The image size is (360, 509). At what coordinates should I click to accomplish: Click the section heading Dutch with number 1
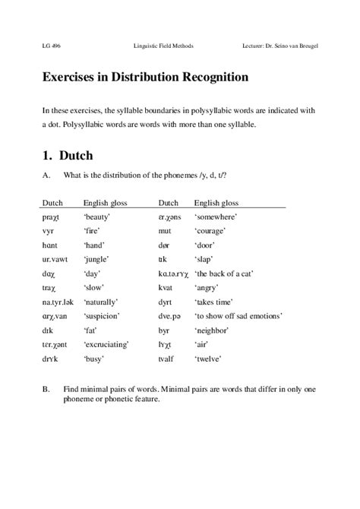click(68, 156)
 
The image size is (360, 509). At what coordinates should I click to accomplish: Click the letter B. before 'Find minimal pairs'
click(46, 390)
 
